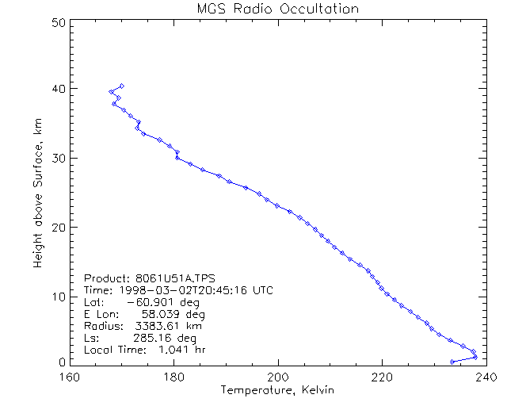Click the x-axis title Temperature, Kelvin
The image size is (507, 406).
[277, 390]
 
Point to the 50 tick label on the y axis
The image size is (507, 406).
[56, 23]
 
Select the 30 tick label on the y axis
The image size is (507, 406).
[56, 158]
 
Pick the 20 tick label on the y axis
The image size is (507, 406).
[56, 228]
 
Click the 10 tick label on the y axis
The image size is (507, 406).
[56, 297]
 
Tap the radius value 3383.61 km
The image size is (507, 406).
[164, 326]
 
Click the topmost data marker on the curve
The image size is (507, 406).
[121, 86]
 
